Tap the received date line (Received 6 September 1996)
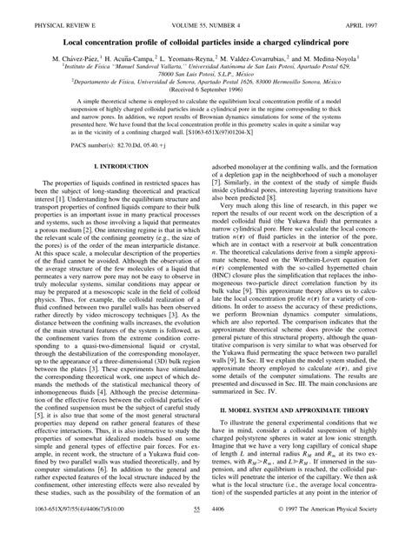click(x=206, y=114)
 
